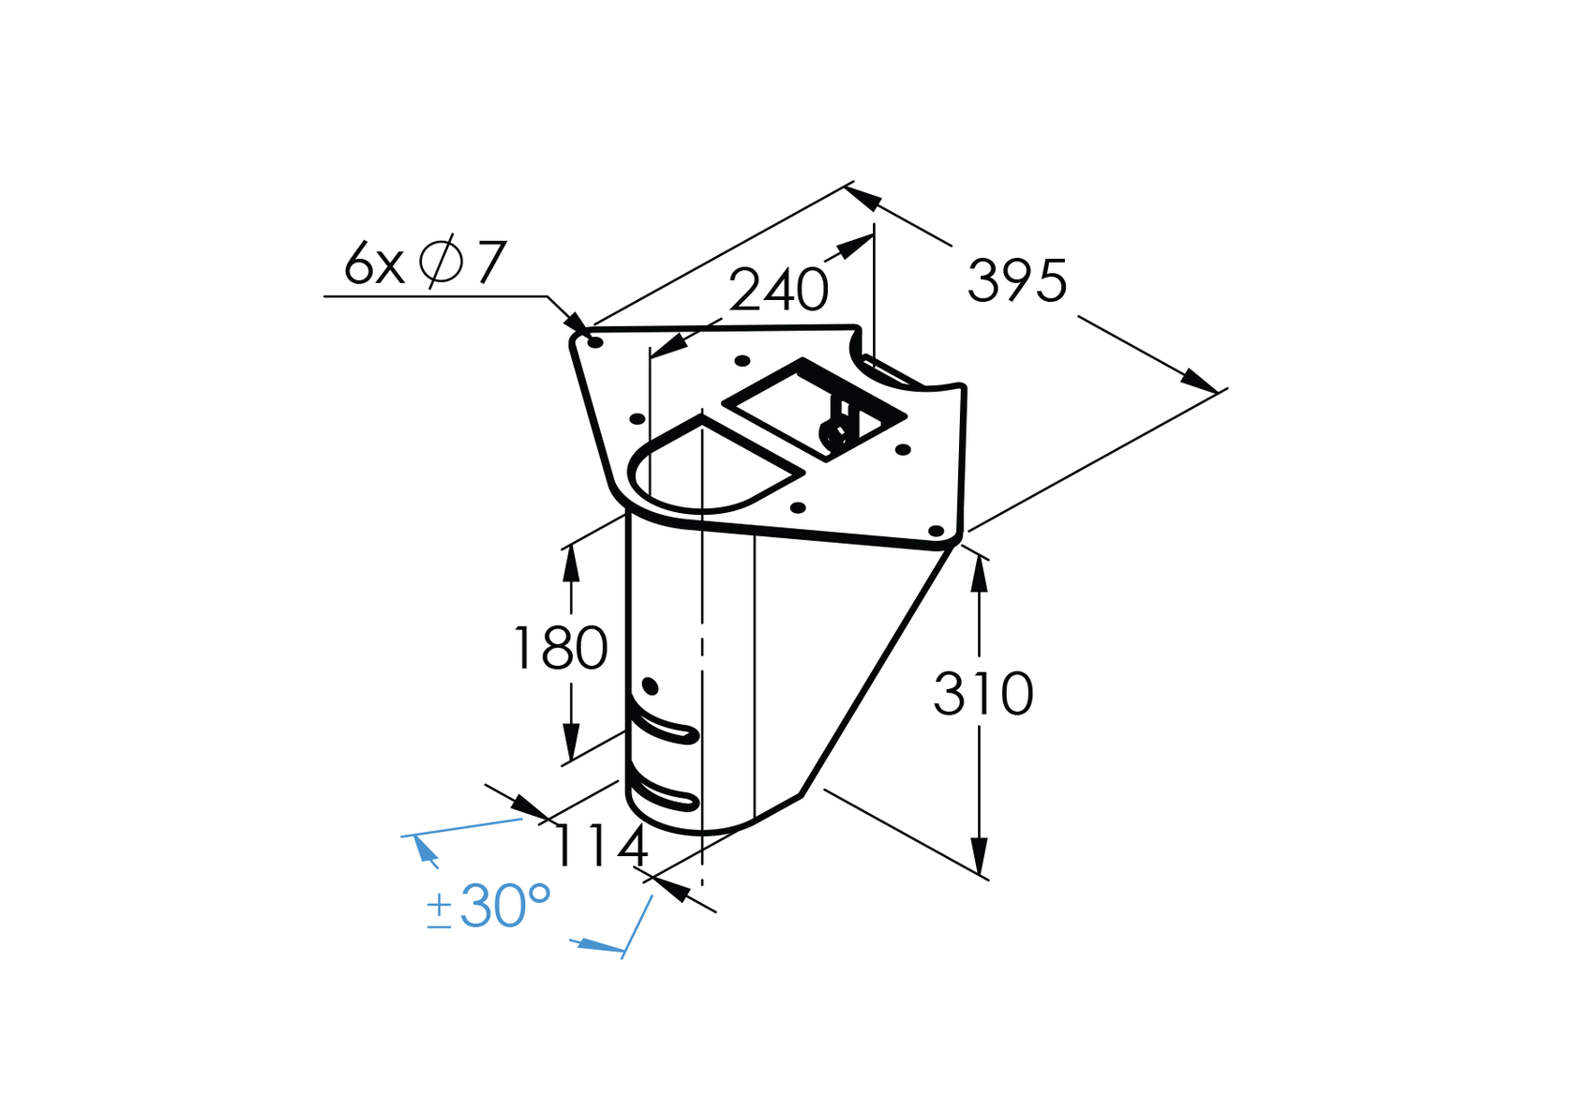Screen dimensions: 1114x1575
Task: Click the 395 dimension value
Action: pyautogui.click(x=1017, y=280)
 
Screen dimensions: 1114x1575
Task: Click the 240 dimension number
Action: pyautogui.click(x=778, y=290)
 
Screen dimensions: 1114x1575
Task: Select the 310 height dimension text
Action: pyautogui.click(x=983, y=695)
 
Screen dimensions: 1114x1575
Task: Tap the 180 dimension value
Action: pyautogui.click(x=561, y=649)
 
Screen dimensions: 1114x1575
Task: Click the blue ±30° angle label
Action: pyautogui.click(x=488, y=907)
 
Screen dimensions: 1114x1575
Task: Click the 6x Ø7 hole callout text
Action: pyautogui.click(x=425, y=263)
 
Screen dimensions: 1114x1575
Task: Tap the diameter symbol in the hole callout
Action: pyautogui.click(x=441, y=262)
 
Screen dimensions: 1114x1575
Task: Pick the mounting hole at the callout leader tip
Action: pyautogui.click(x=594, y=342)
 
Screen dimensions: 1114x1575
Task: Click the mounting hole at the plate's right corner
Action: pyautogui.click(x=936, y=531)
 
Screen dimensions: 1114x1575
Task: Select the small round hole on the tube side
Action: pyautogui.click(x=651, y=687)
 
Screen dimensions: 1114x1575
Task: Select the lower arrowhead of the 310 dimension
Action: pyautogui.click(x=979, y=858)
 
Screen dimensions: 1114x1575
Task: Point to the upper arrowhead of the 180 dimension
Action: pyautogui.click(x=570, y=563)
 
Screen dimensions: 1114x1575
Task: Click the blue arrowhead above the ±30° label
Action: pyautogui.click(x=425, y=849)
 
